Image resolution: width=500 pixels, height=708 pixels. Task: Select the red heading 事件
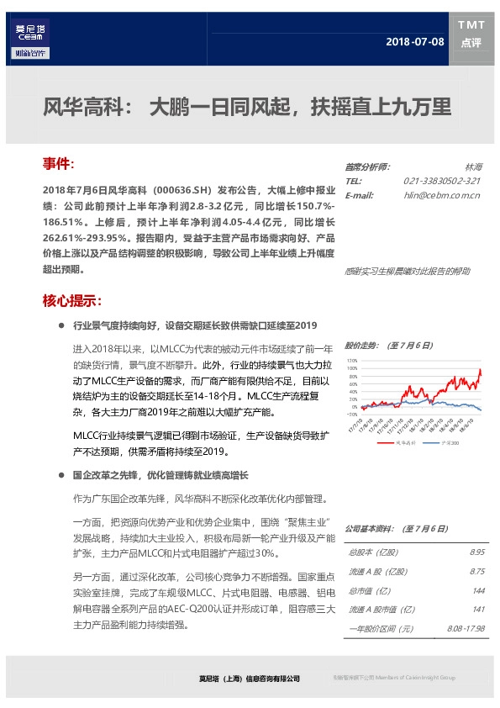pyautogui.click(x=59, y=161)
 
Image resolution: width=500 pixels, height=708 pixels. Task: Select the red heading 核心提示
pyautogui.click(x=72, y=300)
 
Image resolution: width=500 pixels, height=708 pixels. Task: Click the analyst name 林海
pyautogui.click(x=474, y=167)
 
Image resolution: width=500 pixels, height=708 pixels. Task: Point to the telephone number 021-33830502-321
pyautogui.click(x=441, y=181)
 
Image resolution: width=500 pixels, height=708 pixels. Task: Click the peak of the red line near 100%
pyautogui.click(x=480, y=369)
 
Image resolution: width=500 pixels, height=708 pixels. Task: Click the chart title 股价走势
pyautogui.click(x=363, y=345)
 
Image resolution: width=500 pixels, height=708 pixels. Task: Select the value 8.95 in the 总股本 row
pyautogui.click(x=477, y=552)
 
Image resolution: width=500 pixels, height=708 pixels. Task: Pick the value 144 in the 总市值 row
pyautogui.click(x=479, y=590)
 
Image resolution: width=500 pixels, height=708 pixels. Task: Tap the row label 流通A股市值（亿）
pyautogui.click(x=378, y=610)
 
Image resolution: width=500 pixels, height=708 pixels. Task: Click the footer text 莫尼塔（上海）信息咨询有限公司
pyautogui.click(x=243, y=678)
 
